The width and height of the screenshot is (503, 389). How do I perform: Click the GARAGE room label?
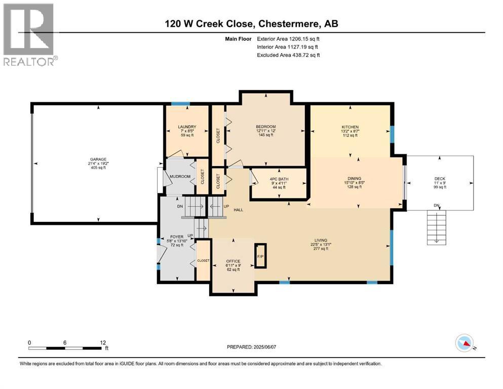click(98, 160)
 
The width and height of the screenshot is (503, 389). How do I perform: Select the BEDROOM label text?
click(265, 127)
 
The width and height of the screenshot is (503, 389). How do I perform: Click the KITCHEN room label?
click(350, 127)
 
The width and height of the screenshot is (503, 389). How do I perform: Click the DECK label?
click(440, 178)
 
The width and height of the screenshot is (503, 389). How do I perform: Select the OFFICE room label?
click(233, 261)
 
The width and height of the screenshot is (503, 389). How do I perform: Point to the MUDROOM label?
click(180, 176)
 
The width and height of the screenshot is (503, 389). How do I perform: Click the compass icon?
click(465, 344)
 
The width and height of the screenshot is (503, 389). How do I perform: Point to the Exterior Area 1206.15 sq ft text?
click(289, 38)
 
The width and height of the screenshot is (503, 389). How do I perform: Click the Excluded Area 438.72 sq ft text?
click(289, 55)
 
